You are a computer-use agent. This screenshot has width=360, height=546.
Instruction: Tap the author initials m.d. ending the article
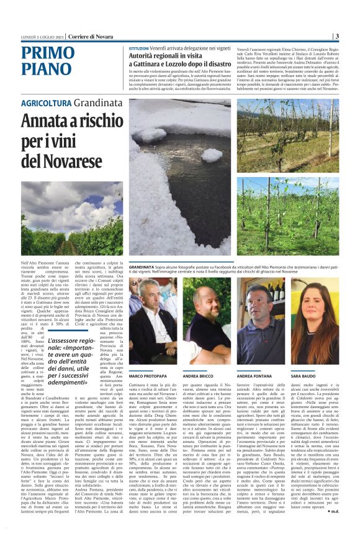click(x=331, y=529)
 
